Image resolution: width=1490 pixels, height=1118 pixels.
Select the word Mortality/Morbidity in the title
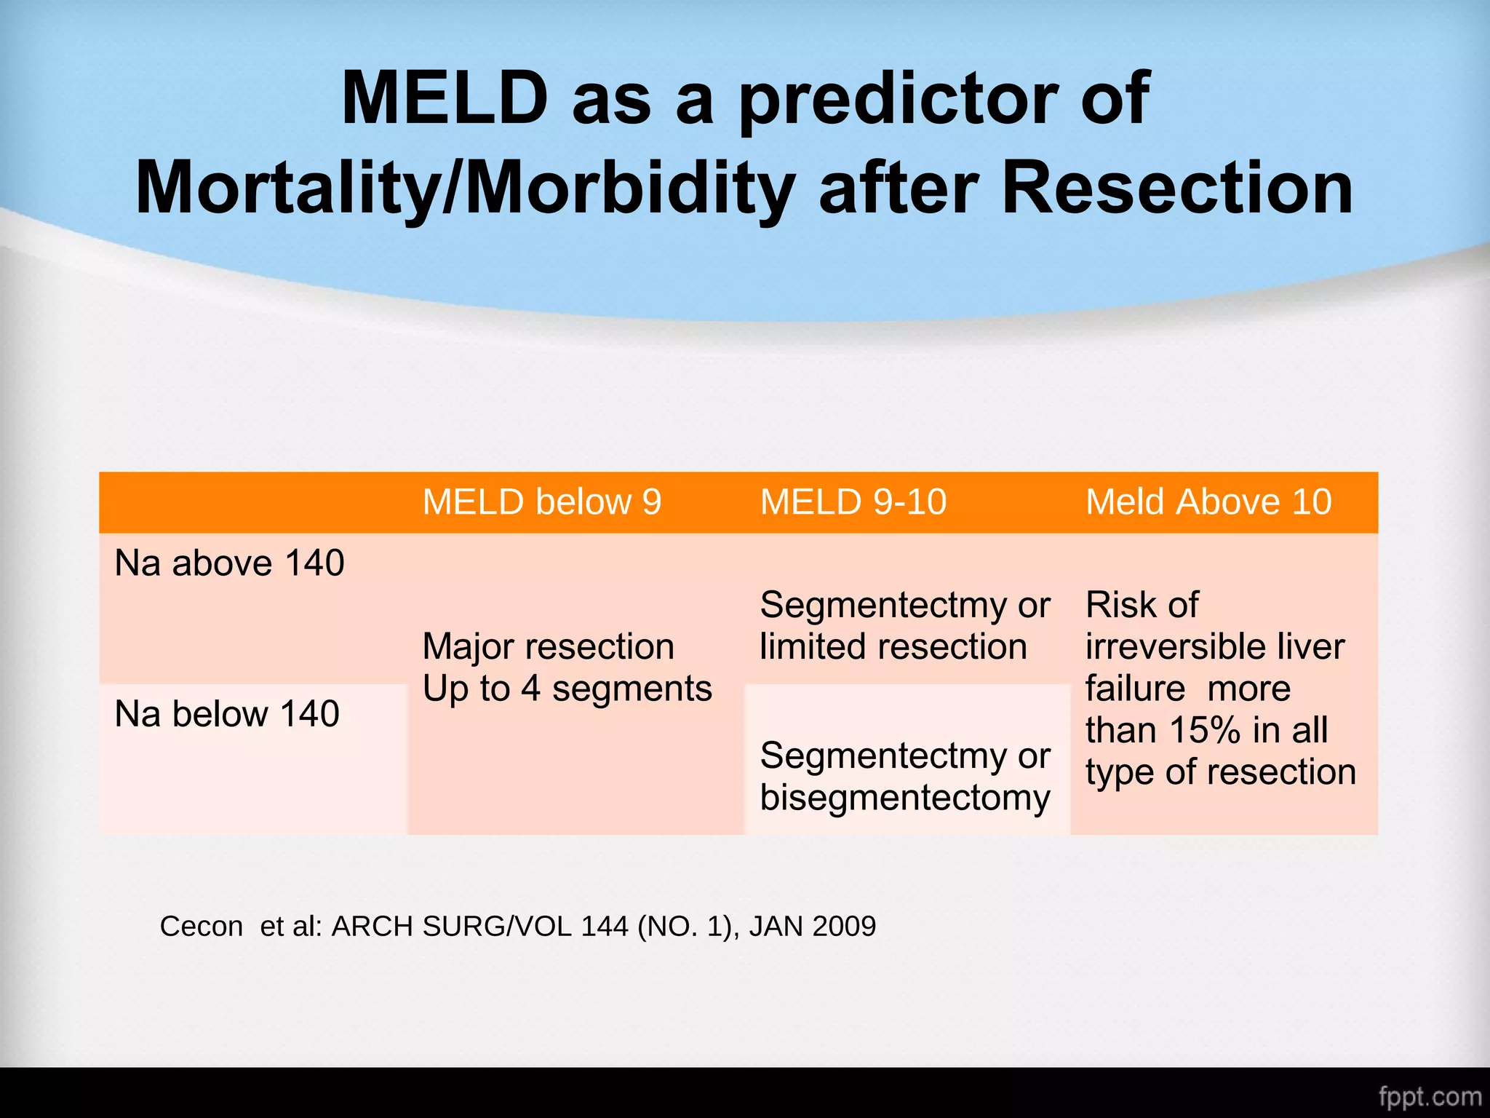pyautogui.click(x=465, y=189)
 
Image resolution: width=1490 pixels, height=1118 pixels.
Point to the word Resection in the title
pyautogui.click(x=1177, y=189)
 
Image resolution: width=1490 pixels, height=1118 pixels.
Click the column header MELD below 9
pyautogui.click(x=542, y=502)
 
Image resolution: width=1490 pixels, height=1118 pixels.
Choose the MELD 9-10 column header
pyautogui.click(x=853, y=502)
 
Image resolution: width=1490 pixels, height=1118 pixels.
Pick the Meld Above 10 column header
pyautogui.click(x=1208, y=502)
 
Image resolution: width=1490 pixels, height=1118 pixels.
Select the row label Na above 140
pyautogui.click(x=229, y=563)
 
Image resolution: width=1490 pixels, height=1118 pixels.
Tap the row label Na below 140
pyautogui.click(x=227, y=714)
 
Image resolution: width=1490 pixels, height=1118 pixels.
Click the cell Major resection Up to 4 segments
pyautogui.click(x=567, y=667)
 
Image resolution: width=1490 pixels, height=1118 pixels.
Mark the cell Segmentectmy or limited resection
pyautogui.click(x=904, y=626)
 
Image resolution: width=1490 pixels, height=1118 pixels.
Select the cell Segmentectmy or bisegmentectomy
pyautogui.click(x=904, y=777)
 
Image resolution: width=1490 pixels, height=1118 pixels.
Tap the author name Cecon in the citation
pyautogui.click(x=202, y=927)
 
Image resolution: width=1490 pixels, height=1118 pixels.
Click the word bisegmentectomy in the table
pyautogui.click(x=904, y=798)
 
